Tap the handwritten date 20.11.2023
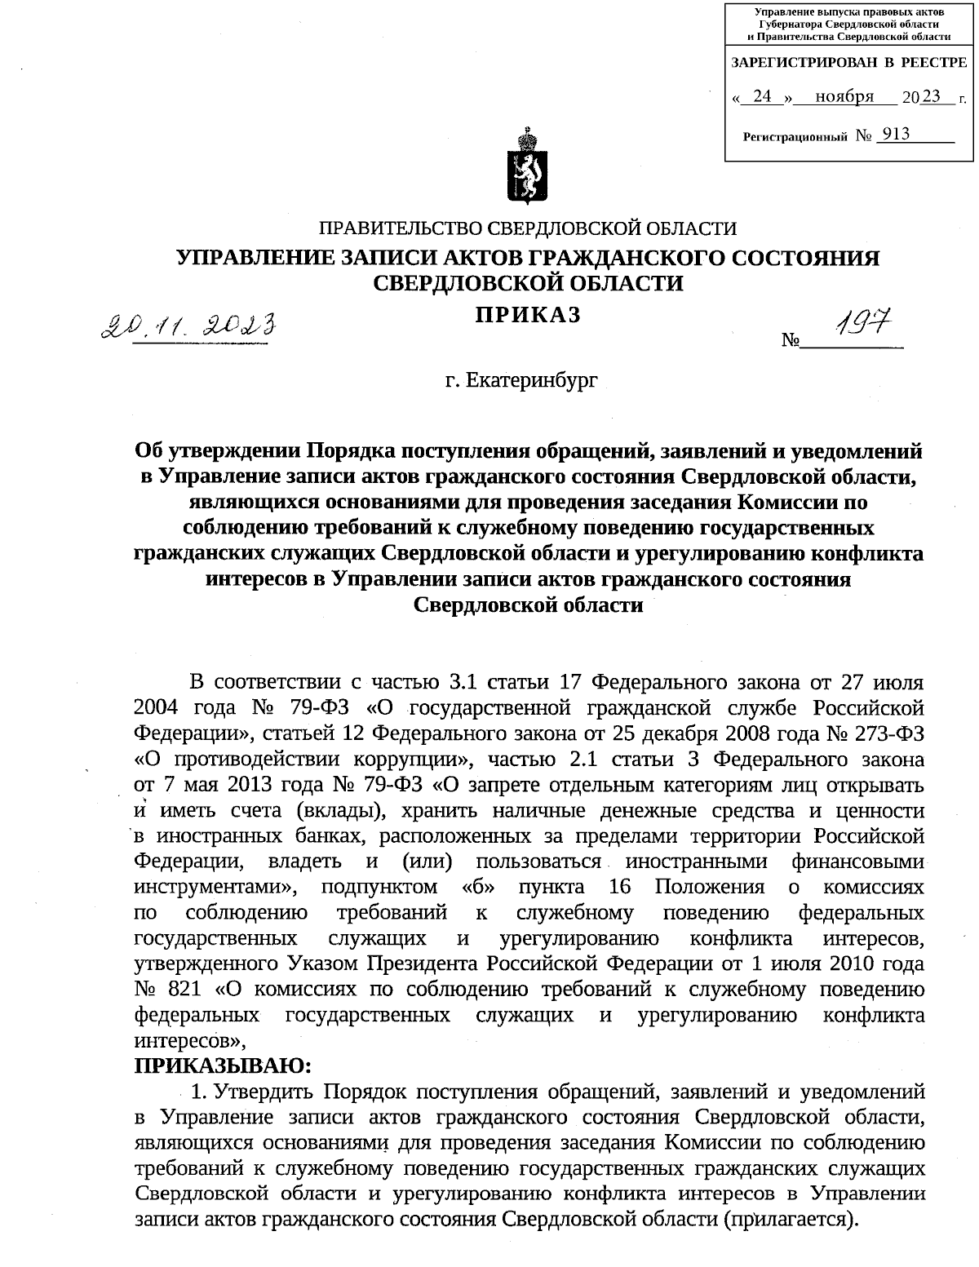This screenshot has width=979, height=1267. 187,327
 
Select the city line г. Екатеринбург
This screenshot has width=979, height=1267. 521,380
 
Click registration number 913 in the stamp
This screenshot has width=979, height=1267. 895,134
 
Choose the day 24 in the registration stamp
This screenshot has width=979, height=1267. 762,96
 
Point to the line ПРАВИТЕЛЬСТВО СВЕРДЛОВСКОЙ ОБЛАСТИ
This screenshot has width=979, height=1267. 528,229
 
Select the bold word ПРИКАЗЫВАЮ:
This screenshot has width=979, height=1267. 222,1066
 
